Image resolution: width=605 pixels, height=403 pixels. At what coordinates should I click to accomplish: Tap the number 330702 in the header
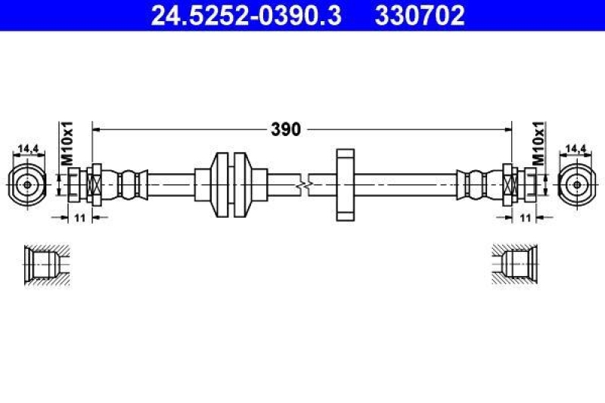point(420,14)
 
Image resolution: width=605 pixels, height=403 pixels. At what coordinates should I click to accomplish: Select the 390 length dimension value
point(286,129)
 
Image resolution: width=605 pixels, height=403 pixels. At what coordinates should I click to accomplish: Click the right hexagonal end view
point(576,184)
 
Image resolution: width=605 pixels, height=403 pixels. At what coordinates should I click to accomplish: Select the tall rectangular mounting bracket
point(343,184)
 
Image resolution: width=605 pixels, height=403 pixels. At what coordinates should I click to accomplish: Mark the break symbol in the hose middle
point(302,184)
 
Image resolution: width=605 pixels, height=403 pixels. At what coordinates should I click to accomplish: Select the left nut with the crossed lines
point(95,184)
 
